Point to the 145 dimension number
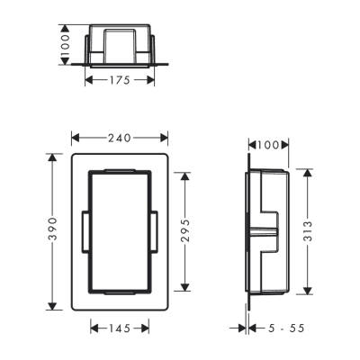tap(120, 329)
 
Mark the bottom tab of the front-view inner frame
tap(119, 292)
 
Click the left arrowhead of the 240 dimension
tap(75, 138)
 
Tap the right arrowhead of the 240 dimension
tap(164, 138)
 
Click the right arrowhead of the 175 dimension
tap(152, 80)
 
